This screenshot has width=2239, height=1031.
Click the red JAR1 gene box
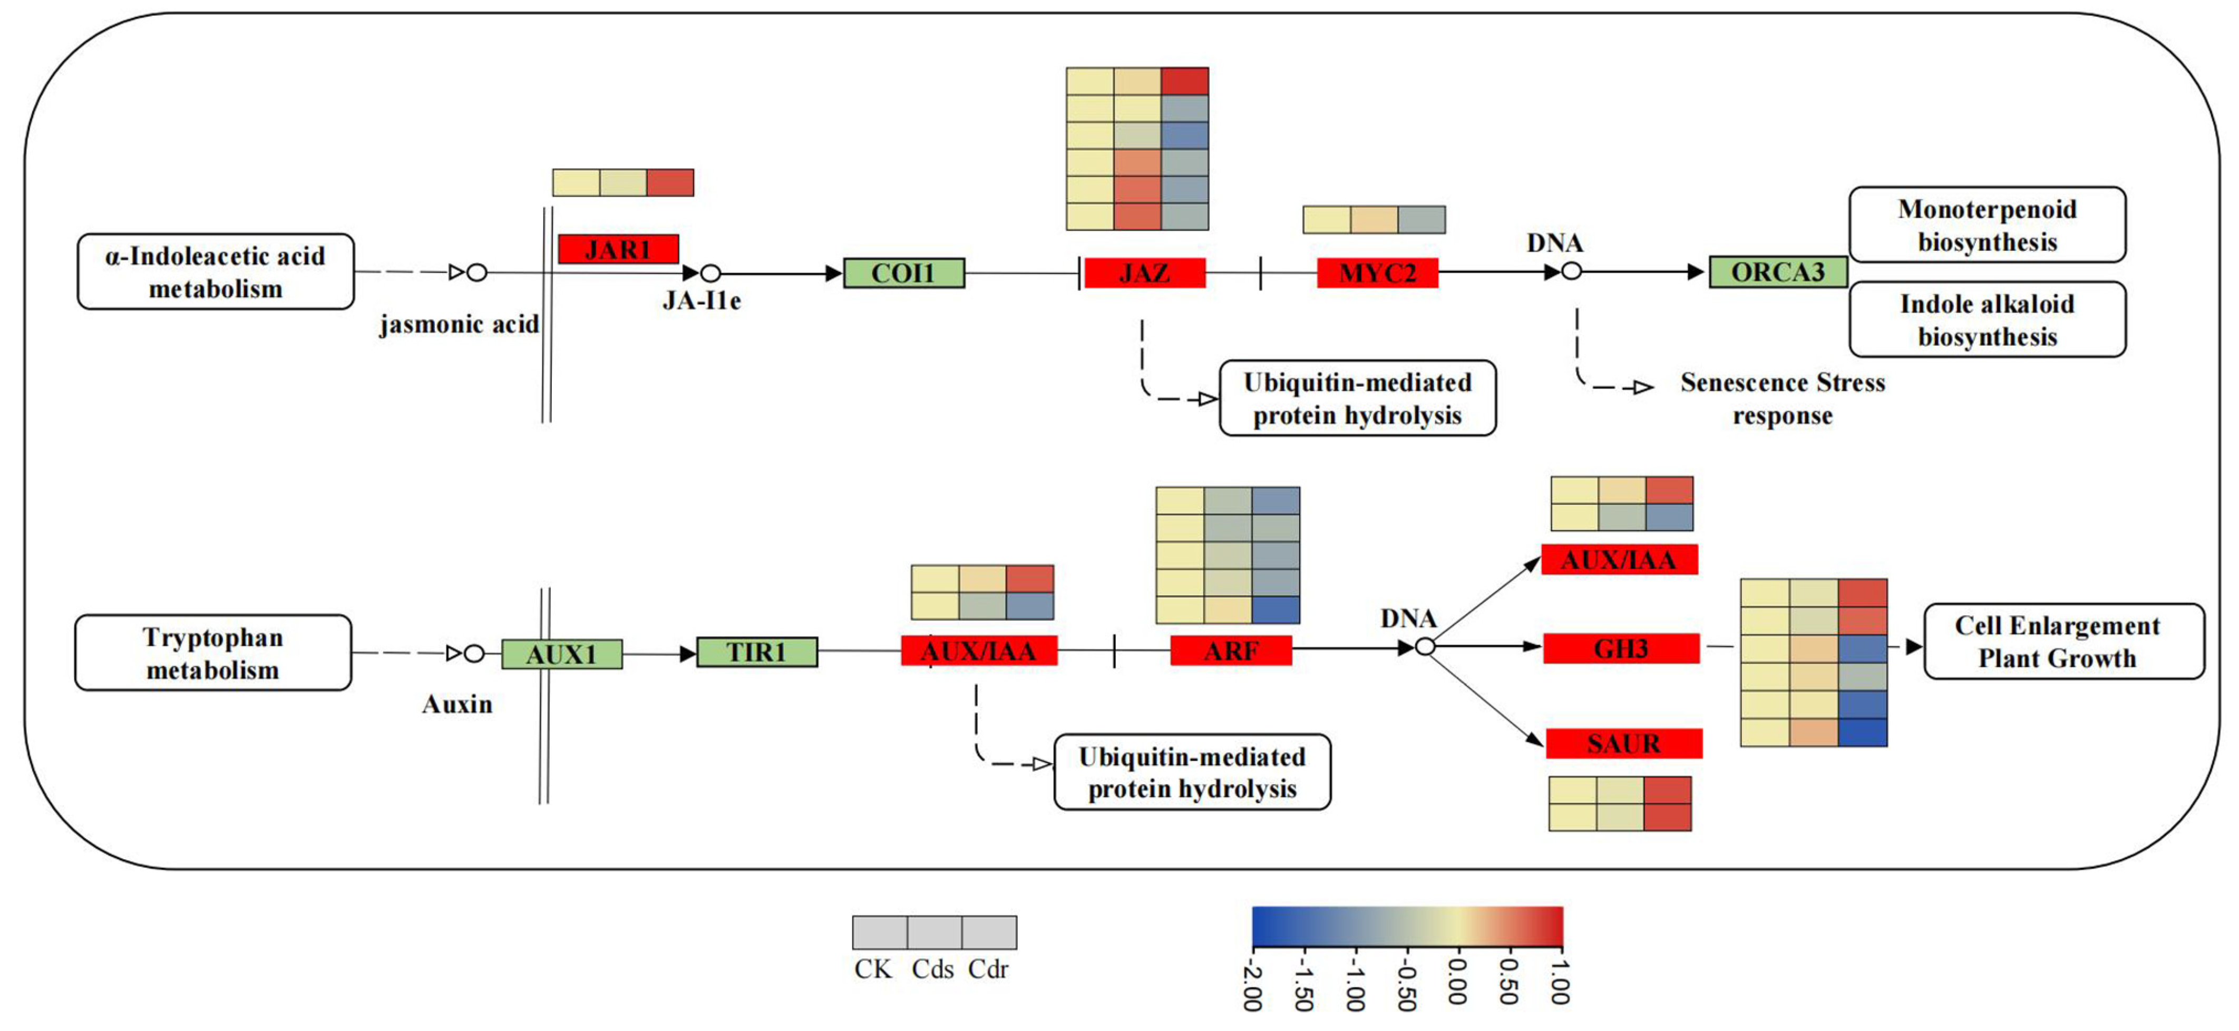click(618, 249)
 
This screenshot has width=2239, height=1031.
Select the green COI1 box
click(904, 273)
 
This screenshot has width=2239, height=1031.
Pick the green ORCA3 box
click(1777, 272)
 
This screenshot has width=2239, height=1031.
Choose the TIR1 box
click(756, 652)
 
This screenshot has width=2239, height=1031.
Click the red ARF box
click(1231, 650)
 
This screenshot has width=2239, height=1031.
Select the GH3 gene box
click(1621, 648)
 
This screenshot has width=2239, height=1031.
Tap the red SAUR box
click(1623, 743)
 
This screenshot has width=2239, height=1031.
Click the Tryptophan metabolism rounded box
click(213, 653)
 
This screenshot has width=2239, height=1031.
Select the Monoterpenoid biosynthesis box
click(1987, 225)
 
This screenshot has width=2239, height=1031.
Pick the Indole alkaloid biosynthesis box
click(1987, 320)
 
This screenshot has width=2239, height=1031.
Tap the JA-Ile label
click(702, 301)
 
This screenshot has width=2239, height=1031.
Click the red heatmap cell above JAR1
click(670, 182)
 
